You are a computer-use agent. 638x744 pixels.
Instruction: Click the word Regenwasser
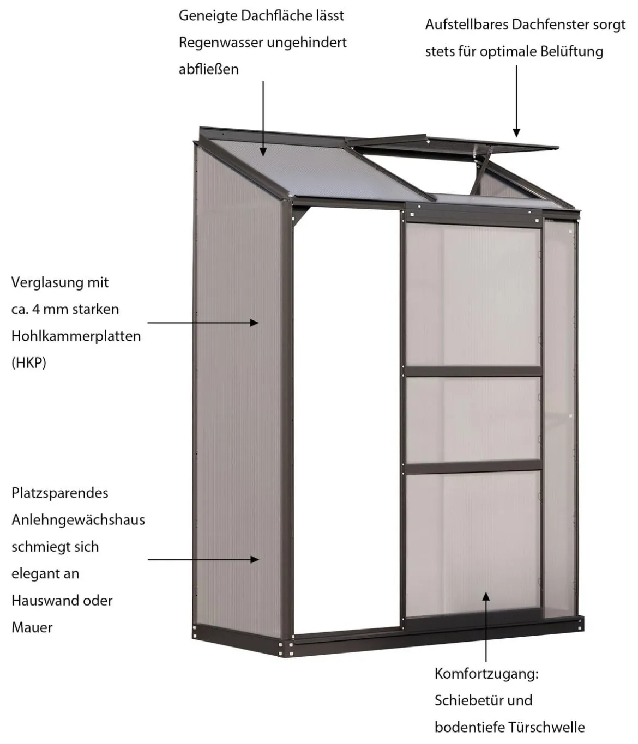pyautogui.click(x=221, y=43)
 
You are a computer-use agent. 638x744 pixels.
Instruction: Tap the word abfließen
pyautogui.click(x=208, y=69)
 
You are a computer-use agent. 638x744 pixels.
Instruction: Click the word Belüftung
pyautogui.click(x=572, y=51)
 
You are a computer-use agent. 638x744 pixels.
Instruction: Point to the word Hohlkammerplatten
pyautogui.click(x=76, y=336)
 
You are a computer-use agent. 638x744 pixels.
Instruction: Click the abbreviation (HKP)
pyautogui.click(x=29, y=363)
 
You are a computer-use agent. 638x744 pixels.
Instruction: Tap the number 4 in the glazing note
pyautogui.click(x=36, y=309)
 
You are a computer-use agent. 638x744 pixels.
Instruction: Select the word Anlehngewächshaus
pyautogui.click(x=78, y=520)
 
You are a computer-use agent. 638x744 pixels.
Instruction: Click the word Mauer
pyautogui.click(x=32, y=628)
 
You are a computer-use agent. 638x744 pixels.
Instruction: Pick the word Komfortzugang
pyautogui.click(x=485, y=674)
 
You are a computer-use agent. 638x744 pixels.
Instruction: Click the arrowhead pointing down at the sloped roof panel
pyautogui.click(x=263, y=152)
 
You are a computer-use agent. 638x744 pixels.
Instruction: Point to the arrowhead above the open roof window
pyautogui.click(x=516, y=132)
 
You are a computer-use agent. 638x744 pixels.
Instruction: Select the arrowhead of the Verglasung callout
pyautogui.click(x=254, y=323)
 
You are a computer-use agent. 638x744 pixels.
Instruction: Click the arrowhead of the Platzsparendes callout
pyautogui.click(x=255, y=560)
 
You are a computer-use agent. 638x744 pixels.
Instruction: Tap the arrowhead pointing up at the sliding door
pyautogui.click(x=486, y=596)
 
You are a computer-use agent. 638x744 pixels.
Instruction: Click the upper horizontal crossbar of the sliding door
pyautogui.click(x=473, y=371)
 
